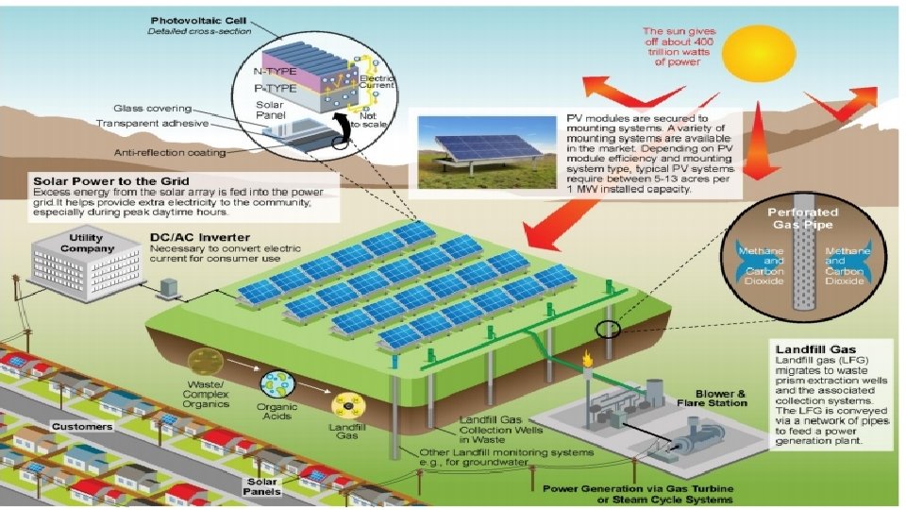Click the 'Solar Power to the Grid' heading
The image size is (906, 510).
110,179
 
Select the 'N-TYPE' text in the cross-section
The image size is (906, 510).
275,71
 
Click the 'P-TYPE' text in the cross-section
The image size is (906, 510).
275,88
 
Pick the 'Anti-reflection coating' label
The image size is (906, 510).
170,152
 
